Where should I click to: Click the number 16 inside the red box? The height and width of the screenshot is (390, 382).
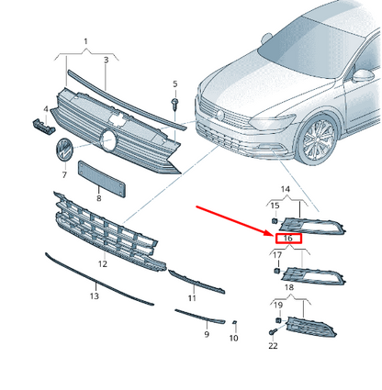coord(288,238)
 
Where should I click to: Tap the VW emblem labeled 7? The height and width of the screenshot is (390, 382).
coord(63,150)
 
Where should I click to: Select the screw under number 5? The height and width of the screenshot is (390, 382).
coord(175,103)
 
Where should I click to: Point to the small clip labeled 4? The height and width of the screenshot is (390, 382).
coord(44,127)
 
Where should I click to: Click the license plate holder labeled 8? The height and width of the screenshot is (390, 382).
coord(102,179)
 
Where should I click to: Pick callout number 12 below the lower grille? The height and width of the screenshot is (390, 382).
coord(103,263)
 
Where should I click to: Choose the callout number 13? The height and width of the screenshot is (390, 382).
coord(95,295)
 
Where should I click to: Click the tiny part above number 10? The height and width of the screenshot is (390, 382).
coord(235,322)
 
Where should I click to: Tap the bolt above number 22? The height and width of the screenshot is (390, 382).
coord(273,331)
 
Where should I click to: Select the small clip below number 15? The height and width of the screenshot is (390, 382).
coord(275,221)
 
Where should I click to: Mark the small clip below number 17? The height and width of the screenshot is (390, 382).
coord(276,271)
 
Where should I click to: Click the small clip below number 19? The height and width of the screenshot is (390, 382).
coord(278,320)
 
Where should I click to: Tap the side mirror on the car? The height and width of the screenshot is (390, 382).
coord(363,76)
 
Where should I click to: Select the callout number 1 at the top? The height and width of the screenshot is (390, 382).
coord(85,41)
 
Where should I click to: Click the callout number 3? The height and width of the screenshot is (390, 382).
coord(106,60)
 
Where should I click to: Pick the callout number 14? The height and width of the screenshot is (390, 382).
coord(285,189)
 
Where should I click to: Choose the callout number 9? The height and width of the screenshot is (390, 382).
coord(207,334)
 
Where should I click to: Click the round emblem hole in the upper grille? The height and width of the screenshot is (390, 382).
coord(108,140)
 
